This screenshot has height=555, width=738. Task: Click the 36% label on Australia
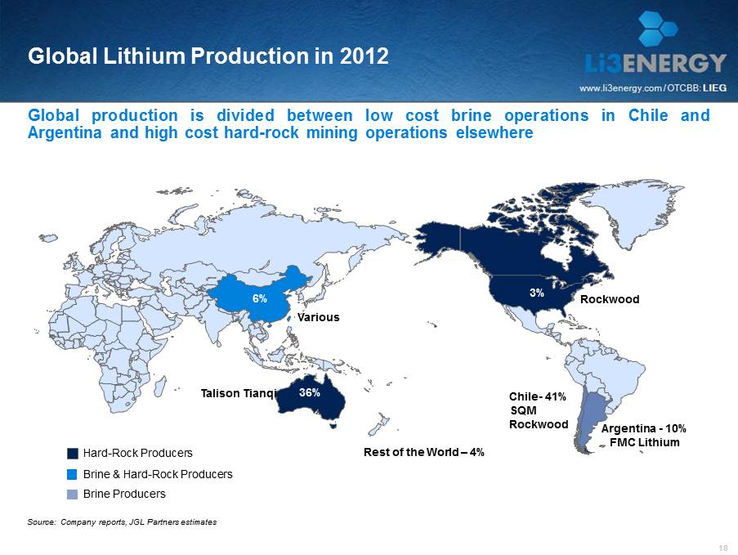click(x=309, y=393)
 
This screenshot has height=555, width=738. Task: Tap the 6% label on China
click(x=259, y=299)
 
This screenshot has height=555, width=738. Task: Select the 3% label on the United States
click(x=537, y=292)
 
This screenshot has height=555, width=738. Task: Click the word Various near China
click(x=317, y=317)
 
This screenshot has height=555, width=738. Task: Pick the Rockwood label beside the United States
click(x=609, y=300)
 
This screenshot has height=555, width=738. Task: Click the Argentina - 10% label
click(x=643, y=428)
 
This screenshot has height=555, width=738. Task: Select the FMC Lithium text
click(x=645, y=442)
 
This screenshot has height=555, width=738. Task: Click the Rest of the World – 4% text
click(x=424, y=452)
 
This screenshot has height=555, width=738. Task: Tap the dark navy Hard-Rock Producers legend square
click(x=73, y=453)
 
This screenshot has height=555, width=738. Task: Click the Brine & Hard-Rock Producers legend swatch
click(x=73, y=474)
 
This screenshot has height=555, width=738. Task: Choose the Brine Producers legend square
click(x=73, y=494)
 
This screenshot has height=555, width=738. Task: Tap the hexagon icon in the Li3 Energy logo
click(x=658, y=29)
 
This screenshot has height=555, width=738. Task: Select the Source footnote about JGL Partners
click(x=123, y=521)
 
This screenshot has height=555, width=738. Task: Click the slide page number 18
click(x=722, y=547)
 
